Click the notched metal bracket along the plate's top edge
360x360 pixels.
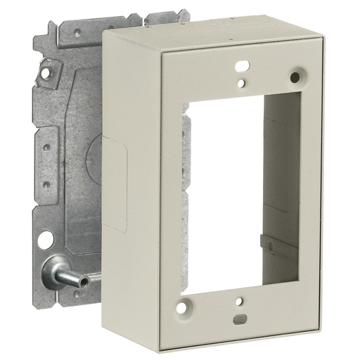click(x=120, y=25)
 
